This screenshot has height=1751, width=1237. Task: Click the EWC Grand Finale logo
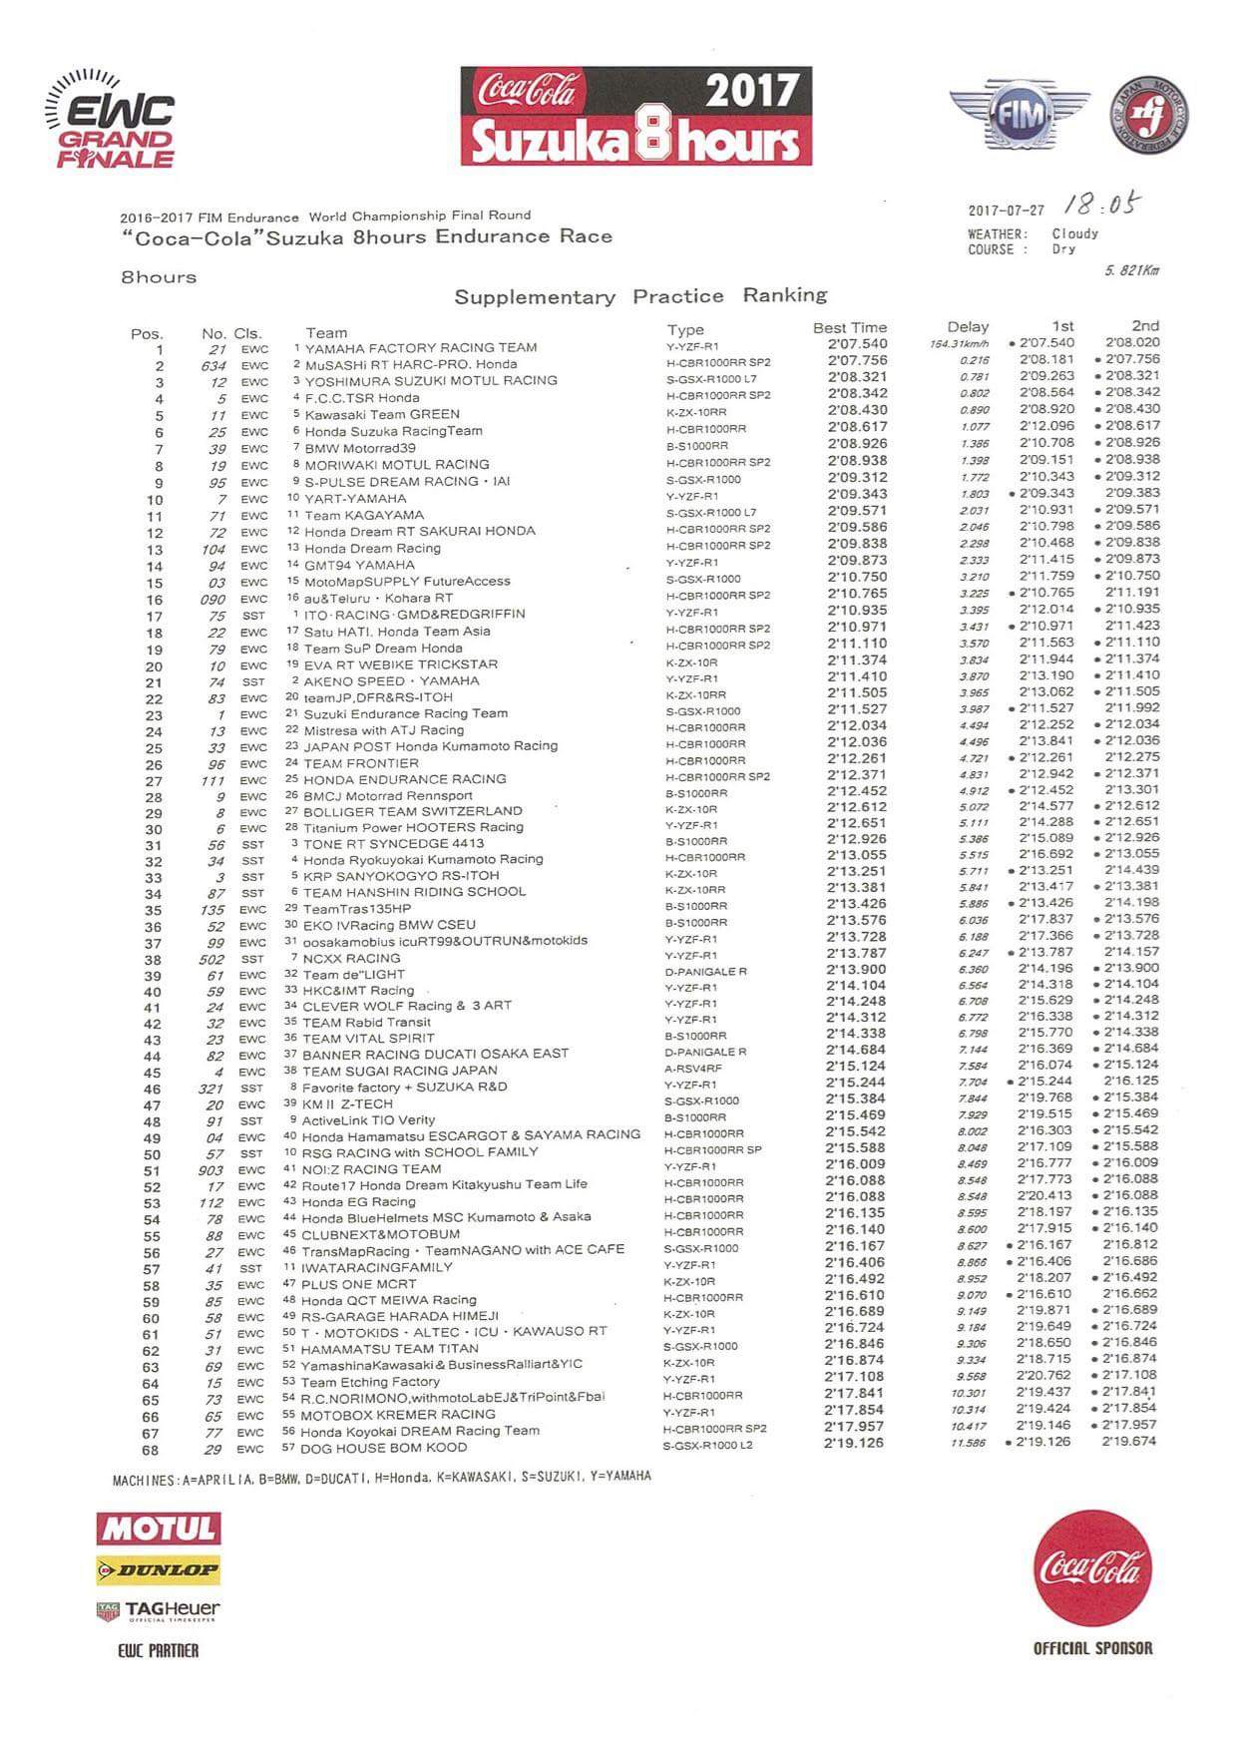[111, 122]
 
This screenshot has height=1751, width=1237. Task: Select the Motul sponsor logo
[159, 1528]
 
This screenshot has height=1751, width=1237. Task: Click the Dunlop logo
[159, 1569]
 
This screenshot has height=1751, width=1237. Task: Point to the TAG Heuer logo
[159, 1609]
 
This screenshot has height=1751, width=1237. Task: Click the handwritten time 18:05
[1101, 206]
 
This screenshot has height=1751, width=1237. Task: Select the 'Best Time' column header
[849, 327]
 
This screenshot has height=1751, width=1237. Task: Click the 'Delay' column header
[968, 326]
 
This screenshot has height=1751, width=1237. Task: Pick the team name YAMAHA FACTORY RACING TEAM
[421, 347]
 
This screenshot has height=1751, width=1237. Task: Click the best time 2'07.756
[857, 360]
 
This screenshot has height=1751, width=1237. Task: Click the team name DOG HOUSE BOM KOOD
[384, 1447]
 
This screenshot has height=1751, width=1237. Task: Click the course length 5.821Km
[1132, 270]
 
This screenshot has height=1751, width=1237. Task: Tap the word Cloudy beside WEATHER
[1074, 233]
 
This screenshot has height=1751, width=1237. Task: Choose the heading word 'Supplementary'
[535, 297]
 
